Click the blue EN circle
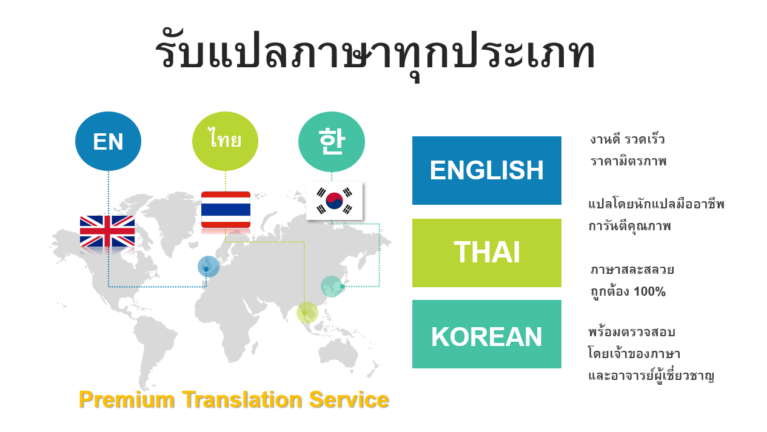pos(108,141)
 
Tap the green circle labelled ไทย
pos(226,141)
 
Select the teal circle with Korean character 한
pos(332,142)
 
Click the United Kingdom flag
pos(107,231)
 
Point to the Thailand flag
pos(226,210)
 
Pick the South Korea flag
pos(334,201)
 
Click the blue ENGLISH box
pos(486,170)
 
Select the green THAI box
pos(486,253)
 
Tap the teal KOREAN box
pos(486,334)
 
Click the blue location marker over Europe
pos(209,267)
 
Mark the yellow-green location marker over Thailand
pos(307,313)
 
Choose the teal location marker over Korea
pos(332,287)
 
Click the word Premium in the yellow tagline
pos(127,399)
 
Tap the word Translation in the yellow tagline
pos(242,399)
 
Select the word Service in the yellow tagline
pos(349,399)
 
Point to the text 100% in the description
pos(649,292)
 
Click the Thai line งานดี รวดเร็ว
pos(628,140)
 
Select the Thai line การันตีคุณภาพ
pos(629,227)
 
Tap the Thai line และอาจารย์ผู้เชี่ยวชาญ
pos(651,376)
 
